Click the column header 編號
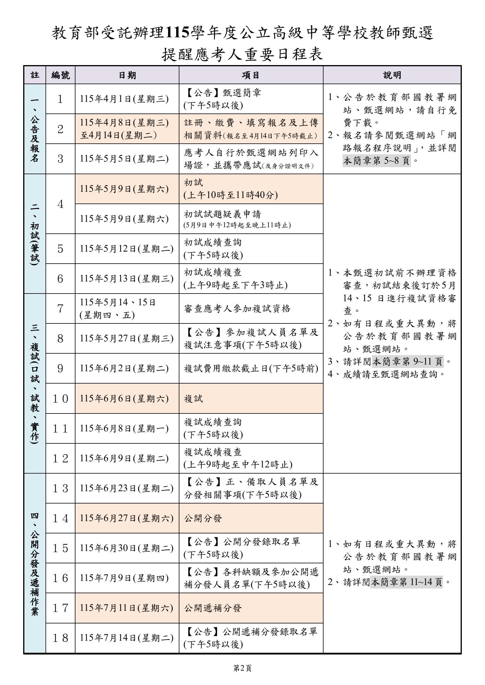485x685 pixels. [x=60, y=75]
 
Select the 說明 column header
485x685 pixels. [x=392, y=75]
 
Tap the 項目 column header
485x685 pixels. [x=250, y=75]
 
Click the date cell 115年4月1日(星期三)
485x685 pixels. [x=124, y=99]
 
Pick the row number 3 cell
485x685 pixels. [x=60, y=159]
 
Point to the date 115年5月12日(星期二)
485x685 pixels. [x=127, y=249]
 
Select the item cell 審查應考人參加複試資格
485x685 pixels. [x=237, y=308]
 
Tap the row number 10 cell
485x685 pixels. [x=60, y=399]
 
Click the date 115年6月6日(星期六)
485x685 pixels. [x=124, y=399]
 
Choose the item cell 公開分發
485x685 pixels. [x=203, y=518]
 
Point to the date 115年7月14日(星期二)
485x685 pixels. [x=127, y=638]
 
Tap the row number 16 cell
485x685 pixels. [x=60, y=578]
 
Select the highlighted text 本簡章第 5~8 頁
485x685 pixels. [x=376, y=161]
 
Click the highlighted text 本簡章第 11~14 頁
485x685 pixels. [x=406, y=582]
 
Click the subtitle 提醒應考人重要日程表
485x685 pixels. [x=242, y=55]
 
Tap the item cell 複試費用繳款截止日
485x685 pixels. [x=251, y=369]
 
